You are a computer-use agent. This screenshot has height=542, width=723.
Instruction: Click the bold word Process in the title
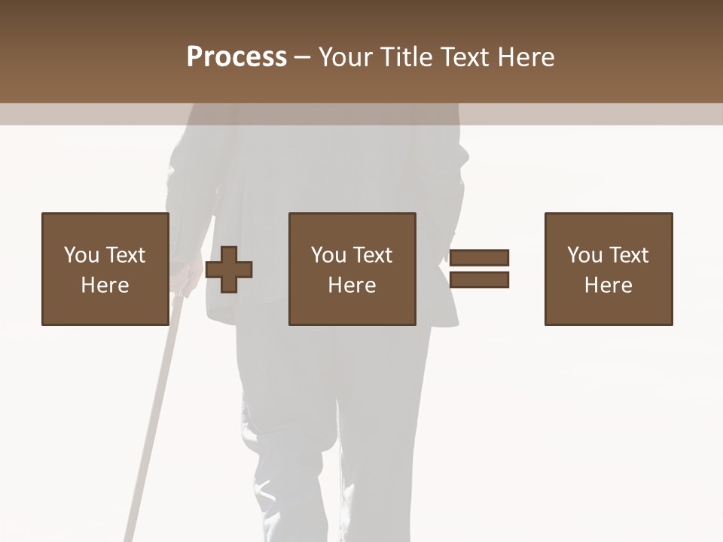pos(236,57)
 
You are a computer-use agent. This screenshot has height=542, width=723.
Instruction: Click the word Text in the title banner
pos(470,57)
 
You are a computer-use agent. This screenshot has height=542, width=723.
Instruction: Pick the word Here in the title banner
pos(529,57)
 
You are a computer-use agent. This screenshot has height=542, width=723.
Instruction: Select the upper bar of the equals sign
pos(479,258)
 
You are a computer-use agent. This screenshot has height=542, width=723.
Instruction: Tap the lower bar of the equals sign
pos(479,280)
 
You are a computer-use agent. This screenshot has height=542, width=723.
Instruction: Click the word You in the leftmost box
pos(81,255)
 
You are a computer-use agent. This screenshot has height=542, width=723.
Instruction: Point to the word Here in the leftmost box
pos(105,285)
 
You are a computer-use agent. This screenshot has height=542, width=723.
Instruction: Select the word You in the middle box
pos(328,255)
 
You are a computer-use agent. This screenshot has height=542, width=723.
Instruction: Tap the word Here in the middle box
pos(352,285)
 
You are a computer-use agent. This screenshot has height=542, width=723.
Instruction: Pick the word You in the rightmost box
pos(584,255)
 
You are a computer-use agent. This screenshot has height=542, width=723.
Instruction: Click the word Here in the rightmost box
pos(608,285)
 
